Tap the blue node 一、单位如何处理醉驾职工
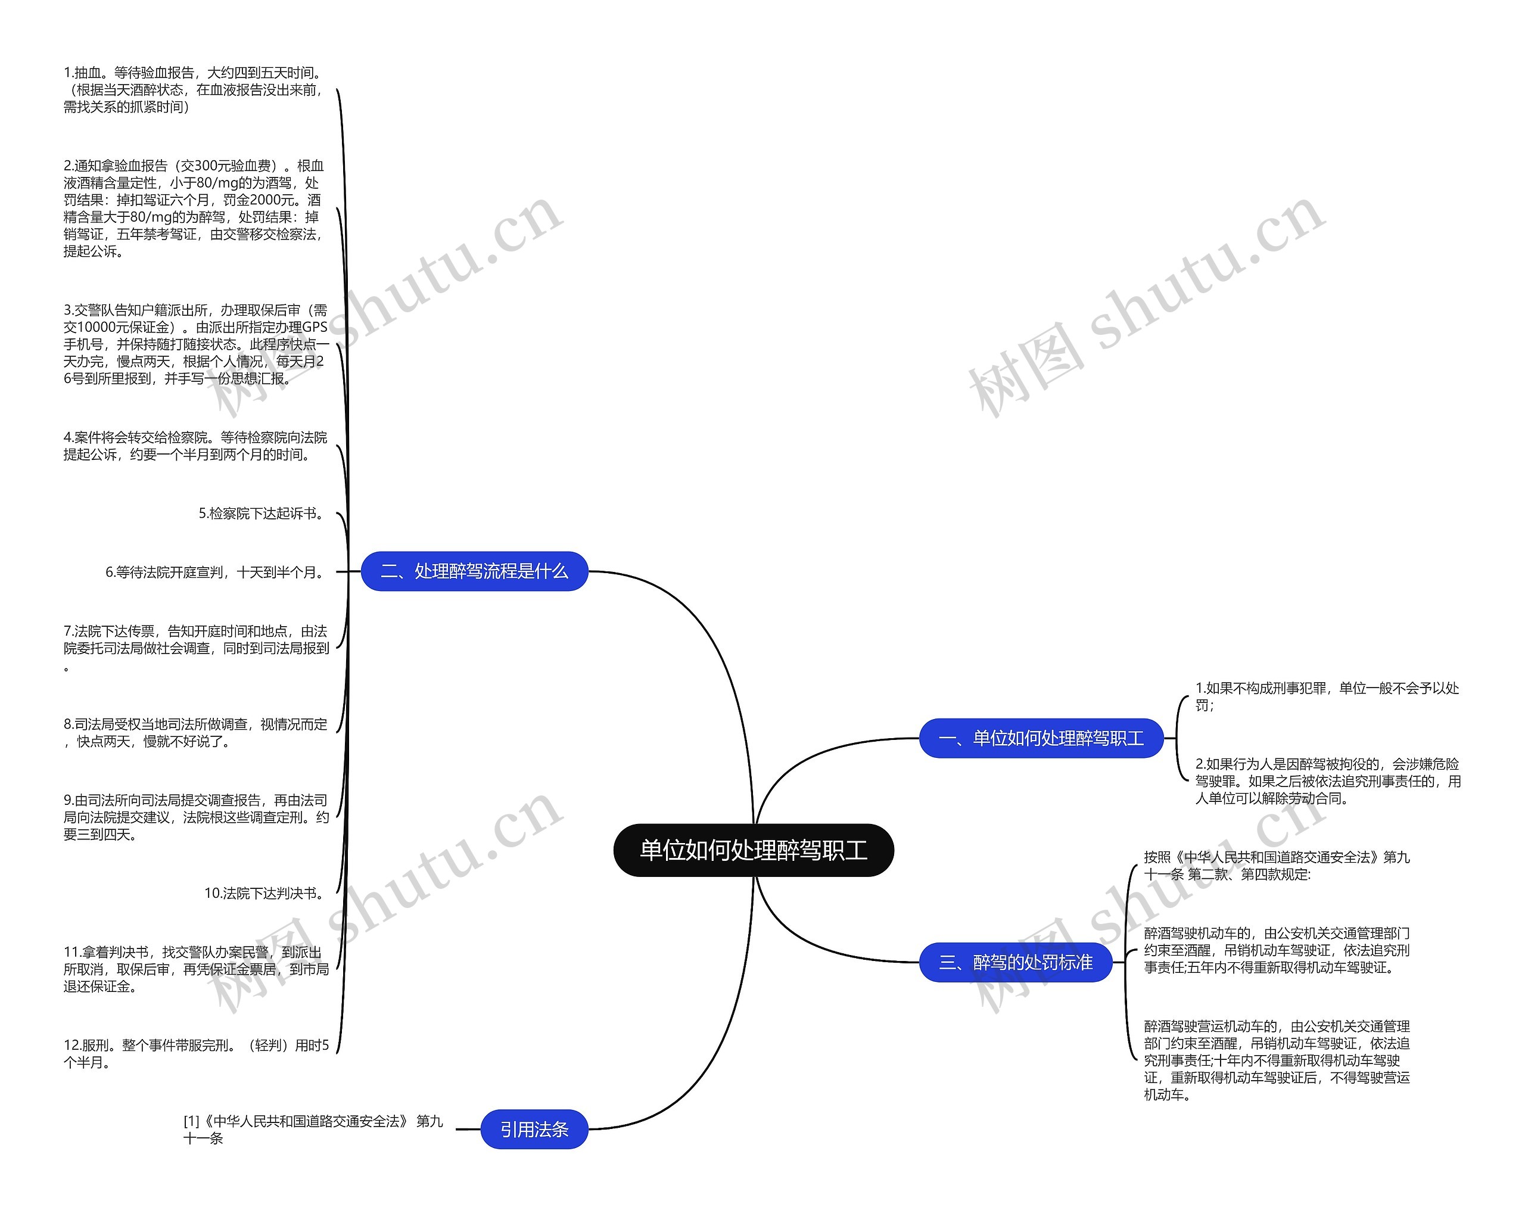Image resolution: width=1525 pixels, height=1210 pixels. coord(1041,738)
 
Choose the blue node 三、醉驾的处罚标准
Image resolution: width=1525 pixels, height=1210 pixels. coord(1015,962)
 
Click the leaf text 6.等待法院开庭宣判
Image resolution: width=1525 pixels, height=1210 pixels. coord(216,572)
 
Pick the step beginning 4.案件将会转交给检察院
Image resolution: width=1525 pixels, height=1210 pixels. coord(195,446)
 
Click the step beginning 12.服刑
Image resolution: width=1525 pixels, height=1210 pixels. coord(196,1054)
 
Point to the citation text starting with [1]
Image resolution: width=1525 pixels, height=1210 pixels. coord(313,1130)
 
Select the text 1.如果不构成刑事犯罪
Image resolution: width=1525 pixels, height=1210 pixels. coord(1327,696)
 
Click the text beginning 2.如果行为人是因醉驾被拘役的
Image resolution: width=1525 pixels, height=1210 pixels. coord(1328,781)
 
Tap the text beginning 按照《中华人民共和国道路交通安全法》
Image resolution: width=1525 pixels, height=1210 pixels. coord(1277,866)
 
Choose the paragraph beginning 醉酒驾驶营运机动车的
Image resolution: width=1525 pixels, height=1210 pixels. coord(1277,1060)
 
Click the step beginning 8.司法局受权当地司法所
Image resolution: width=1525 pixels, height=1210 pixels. coord(195,732)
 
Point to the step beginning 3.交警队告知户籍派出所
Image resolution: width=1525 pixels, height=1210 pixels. coord(195,344)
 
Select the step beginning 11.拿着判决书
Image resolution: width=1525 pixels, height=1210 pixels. coord(196,969)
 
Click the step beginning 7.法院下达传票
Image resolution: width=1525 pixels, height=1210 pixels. coord(196,647)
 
